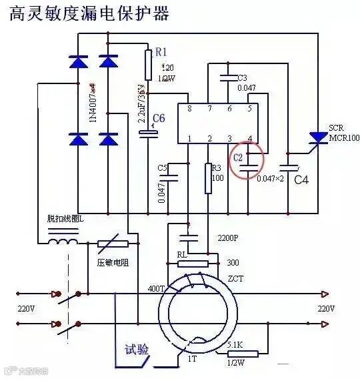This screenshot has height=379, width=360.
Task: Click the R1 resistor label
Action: tap(161, 51)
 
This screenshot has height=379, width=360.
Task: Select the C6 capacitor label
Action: tap(159, 119)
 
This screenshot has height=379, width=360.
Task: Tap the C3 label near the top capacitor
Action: tap(243, 78)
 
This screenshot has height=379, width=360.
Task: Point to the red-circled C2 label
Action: tap(238, 158)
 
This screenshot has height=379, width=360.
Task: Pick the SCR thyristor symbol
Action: tap(315, 138)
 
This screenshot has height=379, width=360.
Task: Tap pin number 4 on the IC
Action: tap(249, 139)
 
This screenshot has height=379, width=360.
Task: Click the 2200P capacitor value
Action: tap(228, 238)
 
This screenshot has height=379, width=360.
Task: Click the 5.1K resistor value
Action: tap(235, 344)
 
